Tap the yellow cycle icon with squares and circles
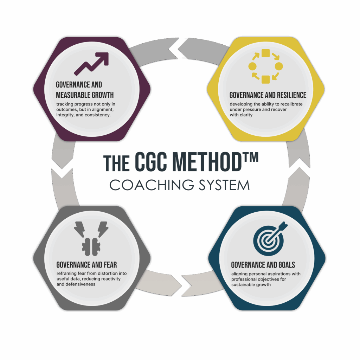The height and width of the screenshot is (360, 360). pos(266,66)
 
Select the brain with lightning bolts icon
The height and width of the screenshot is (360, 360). pos(91,239)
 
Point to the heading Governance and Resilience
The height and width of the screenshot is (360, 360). pos(268,95)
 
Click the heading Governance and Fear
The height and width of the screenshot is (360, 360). pos(86,265)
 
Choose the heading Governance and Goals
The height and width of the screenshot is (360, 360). pos(263,265)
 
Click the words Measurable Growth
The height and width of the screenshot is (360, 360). pos(85,95)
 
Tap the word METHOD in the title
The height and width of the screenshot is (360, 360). pos(207,162)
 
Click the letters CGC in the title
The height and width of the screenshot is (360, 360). pos(150,162)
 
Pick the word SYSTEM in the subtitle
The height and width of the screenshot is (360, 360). pos(224,185)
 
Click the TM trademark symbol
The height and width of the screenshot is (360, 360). pos(250,157)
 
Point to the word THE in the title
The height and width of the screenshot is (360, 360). pos(116,163)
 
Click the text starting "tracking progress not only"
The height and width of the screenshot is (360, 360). pos(86,110)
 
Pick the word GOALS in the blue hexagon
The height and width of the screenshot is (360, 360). pos(287,265)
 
